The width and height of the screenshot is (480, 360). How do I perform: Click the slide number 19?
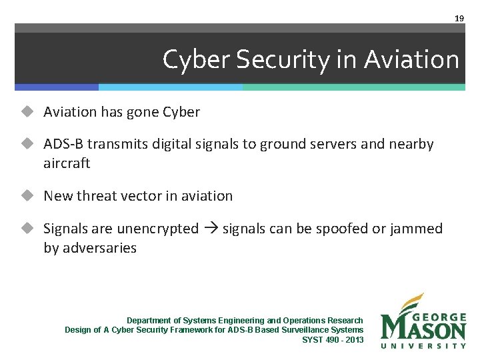tap(459, 18)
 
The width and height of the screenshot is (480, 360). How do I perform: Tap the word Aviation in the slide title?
tap(411, 60)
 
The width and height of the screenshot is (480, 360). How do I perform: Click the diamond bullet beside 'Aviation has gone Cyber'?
tap(27, 112)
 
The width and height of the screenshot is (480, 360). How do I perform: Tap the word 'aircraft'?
tap(67, 163)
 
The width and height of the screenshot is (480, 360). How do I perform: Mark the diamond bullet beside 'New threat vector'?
tap(27, 196)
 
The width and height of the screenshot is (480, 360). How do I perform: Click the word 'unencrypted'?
tap(157, 229)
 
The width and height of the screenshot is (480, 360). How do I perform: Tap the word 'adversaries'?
tap(99, 248)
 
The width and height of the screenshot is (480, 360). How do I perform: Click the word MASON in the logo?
tap(423, 329)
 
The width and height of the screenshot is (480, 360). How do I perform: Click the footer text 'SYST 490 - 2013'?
tap(333, 340)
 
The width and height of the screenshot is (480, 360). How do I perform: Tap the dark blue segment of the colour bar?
tap(57, 87)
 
